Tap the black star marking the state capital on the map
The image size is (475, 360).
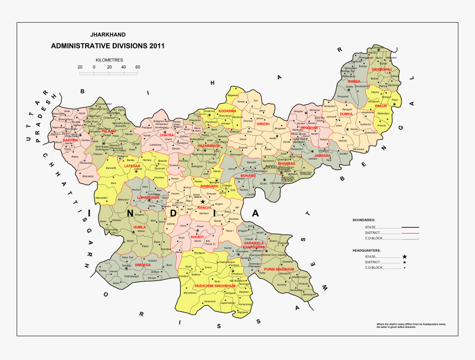[203, 202]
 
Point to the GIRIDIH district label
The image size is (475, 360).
[263, 124]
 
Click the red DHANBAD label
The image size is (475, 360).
[286, 163]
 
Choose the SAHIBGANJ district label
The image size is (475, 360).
[381, 70]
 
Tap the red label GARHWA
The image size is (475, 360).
[70, 141]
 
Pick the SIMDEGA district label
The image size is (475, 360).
[142, 265]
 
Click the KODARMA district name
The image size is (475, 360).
[227, 111]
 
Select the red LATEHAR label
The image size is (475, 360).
[133, 166]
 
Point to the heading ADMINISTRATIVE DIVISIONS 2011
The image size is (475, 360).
[107, 46]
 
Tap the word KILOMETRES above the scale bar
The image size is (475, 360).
[109, 59]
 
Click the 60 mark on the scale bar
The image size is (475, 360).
[138, 67]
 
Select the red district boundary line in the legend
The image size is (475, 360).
[410, 233]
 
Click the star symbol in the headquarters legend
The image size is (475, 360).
[405, 257]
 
